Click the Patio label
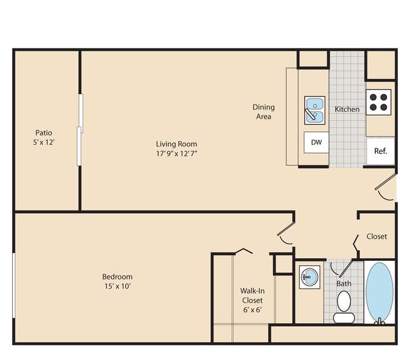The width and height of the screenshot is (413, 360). point(44,133)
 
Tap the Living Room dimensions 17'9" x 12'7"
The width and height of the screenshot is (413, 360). point(177,153)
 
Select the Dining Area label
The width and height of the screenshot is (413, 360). point(264,111)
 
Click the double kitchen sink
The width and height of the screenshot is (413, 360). point(315,110)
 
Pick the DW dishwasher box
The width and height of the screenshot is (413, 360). point(316,142)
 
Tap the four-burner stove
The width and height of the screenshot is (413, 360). point(379,102)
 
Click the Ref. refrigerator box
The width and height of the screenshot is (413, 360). point(381,151)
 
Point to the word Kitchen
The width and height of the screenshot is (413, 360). point(347,109)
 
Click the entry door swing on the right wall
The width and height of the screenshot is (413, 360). point(386,187)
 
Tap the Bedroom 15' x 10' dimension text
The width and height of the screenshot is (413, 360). point(118,286)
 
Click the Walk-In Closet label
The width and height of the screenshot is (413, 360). point(252,295)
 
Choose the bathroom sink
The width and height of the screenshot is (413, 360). point(309,277)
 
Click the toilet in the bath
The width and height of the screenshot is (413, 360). point(344,307)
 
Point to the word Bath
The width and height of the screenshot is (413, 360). point(344,284)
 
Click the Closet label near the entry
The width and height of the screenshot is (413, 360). point(377,237)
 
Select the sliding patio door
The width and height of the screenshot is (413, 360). point(80,130)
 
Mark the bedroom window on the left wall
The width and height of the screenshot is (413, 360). point(14,286)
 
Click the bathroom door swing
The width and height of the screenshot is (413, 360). point(341,268)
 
